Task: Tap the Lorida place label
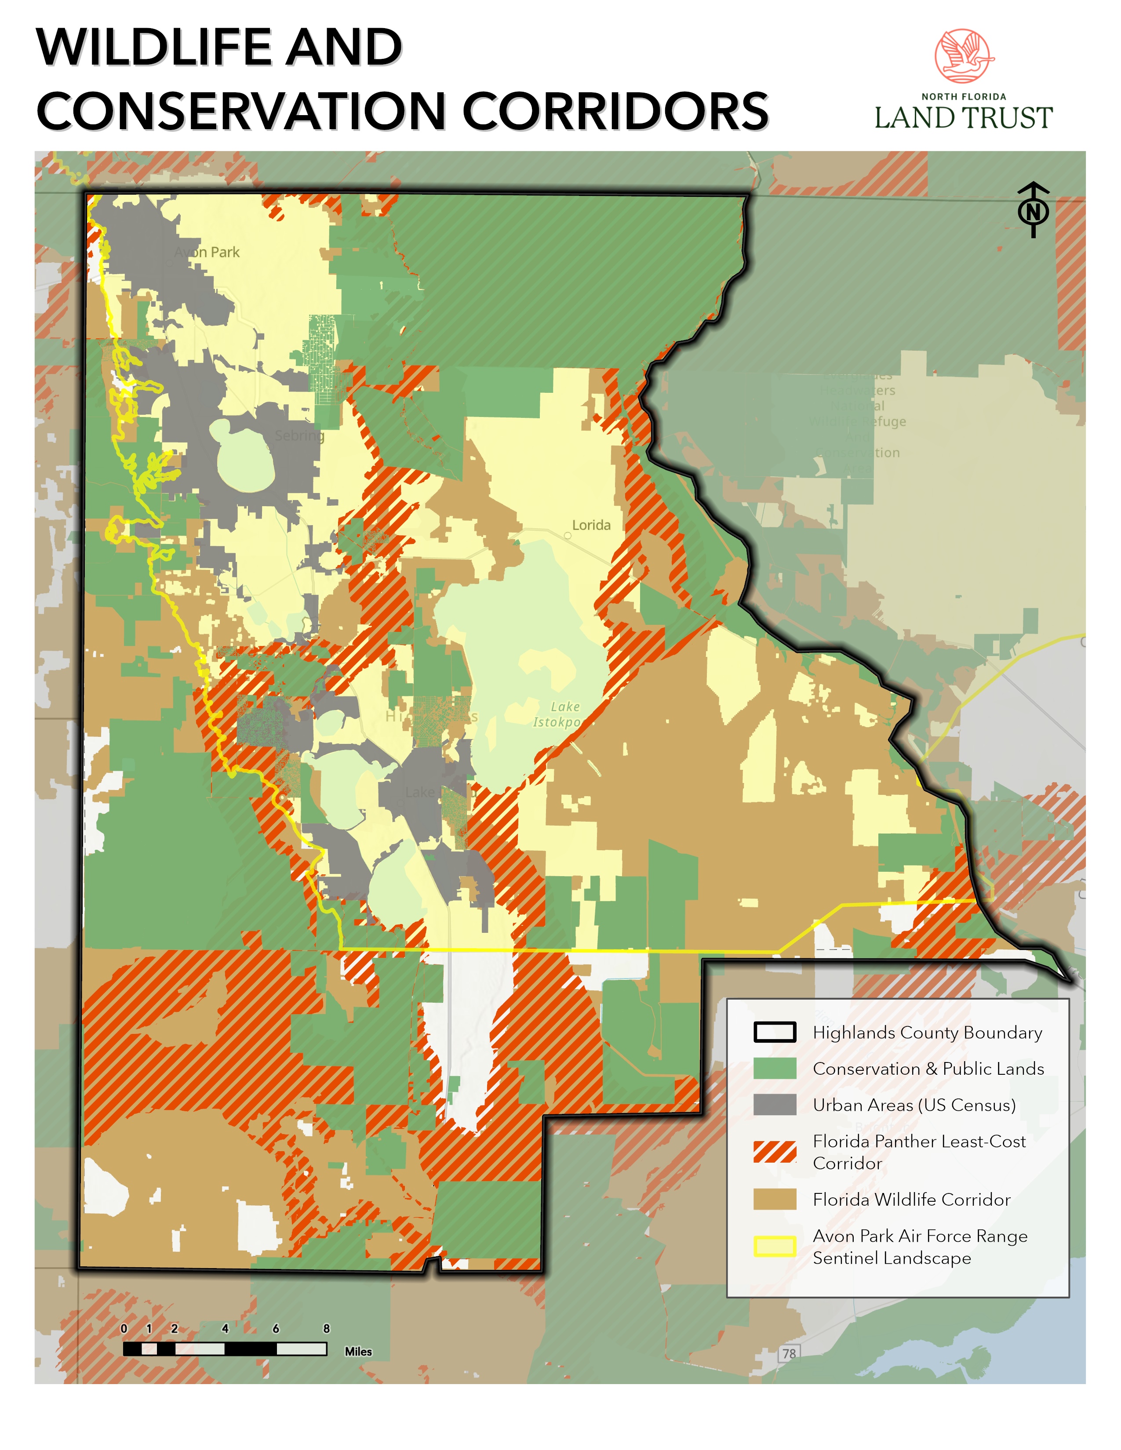[x=591, y=525]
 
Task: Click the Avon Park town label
[x=207, y=252]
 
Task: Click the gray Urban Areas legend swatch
[x=774, y=1105]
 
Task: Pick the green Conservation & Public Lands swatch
[x=774, y=1068]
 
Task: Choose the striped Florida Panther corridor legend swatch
[x=774, y=1152]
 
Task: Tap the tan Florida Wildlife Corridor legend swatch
[x=774, y=1199]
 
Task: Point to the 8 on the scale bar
[x=326, y=1328]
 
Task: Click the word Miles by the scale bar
[x=358, y=1351]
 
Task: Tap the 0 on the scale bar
[x=124, y=1328]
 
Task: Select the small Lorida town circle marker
[x=568, y=535]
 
